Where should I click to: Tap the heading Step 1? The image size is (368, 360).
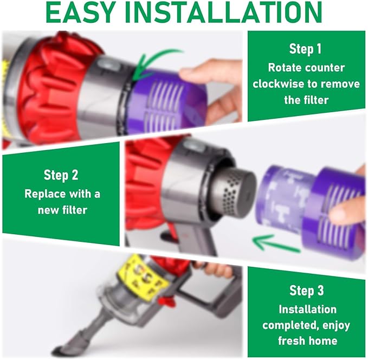pyautogui.click(x=305, y=49)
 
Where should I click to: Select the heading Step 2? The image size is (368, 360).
pyautogui.click(x=61, y=175)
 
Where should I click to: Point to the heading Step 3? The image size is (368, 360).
pyautogui.click(x=307, y=291)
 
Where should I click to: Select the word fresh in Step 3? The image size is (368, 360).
pyautogui.click(x=291, y=340)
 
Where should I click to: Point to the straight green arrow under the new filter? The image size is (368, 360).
pyautogui.click(x=276, y=243)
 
